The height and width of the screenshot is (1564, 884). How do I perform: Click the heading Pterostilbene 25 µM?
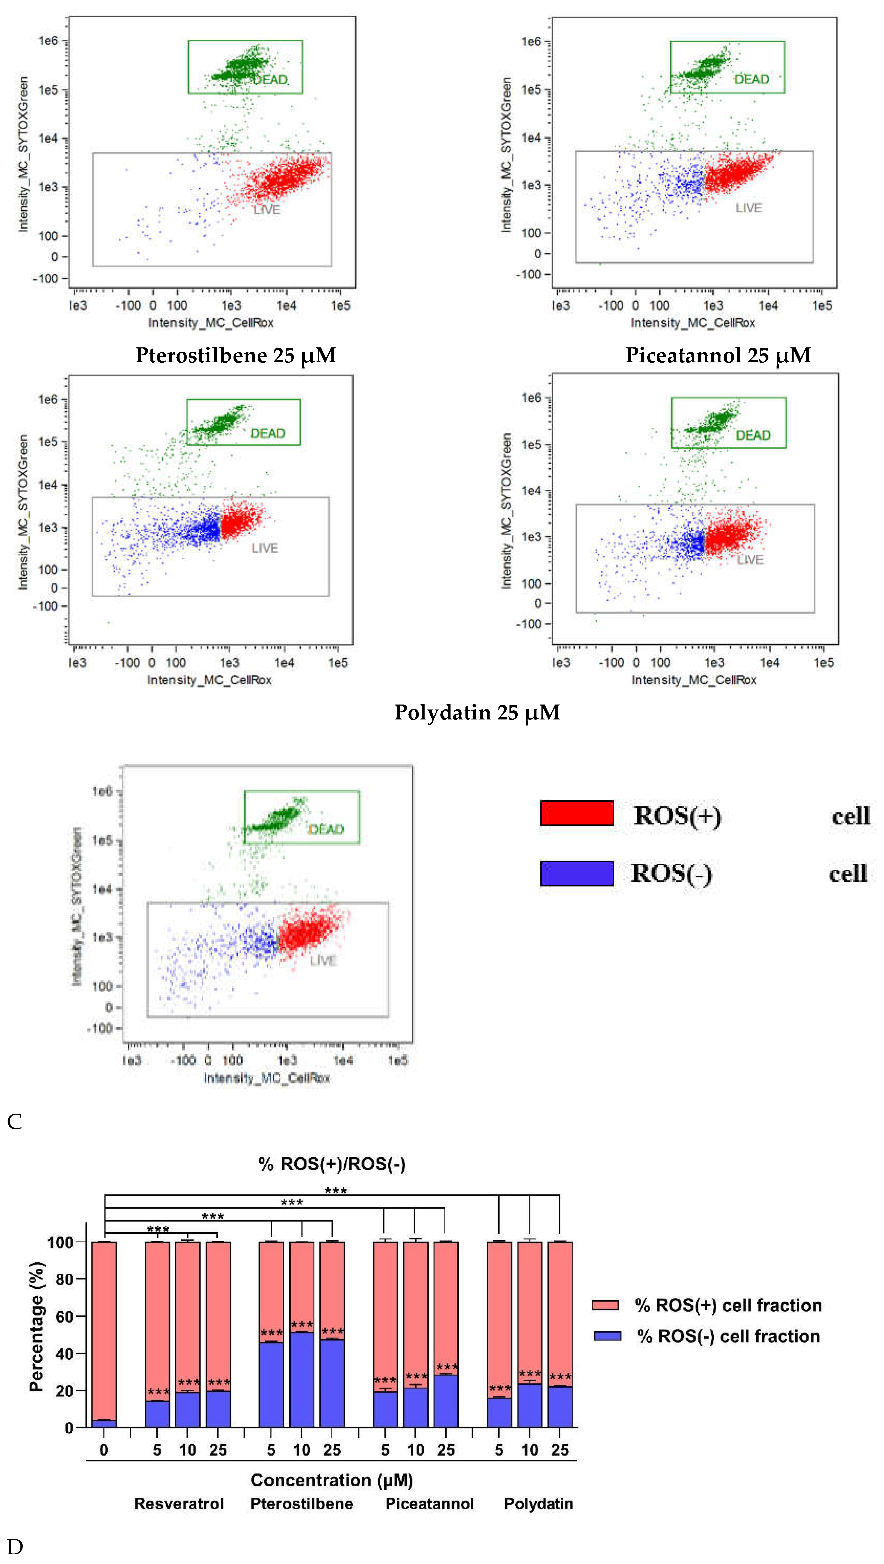point(236,355)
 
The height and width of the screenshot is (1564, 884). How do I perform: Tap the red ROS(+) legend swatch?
point(577,813)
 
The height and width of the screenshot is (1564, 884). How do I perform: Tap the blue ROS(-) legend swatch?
point(577,873)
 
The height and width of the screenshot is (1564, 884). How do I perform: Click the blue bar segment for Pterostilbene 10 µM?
point(302,1380)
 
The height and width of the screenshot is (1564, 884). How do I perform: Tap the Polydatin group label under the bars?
point(539,1504)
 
